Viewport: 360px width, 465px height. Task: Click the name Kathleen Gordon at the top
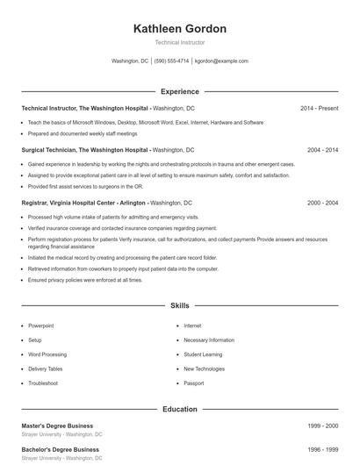(x=179, y=29)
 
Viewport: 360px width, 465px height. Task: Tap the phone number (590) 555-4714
(x=171, y=61)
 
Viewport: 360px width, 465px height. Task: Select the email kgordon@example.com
(x=221, y=61)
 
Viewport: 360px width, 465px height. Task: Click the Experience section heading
(x=179, y=91)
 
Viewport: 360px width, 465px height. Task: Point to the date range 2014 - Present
(x=319, y=108)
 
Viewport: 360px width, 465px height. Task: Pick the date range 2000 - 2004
(x=322, y=203)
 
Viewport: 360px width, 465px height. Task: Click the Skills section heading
(x=179, y=306)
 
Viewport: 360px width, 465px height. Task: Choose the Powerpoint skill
(x=40, y=325)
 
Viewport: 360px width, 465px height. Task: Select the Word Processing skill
(x=47, y=354)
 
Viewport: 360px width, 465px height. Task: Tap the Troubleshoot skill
(x=43, y=383)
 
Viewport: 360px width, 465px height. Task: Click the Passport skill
(x=193, y=383)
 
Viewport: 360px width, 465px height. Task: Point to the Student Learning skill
(x=203, y=354)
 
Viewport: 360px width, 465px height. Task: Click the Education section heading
(x=179, y=409)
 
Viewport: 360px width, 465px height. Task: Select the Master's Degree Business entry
(x=57, y=426)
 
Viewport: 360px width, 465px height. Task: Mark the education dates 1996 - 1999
(x=322, y=449)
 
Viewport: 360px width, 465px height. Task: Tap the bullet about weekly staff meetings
(x=83, y=134)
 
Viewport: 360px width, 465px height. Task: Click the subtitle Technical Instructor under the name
(x=179, y=43)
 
